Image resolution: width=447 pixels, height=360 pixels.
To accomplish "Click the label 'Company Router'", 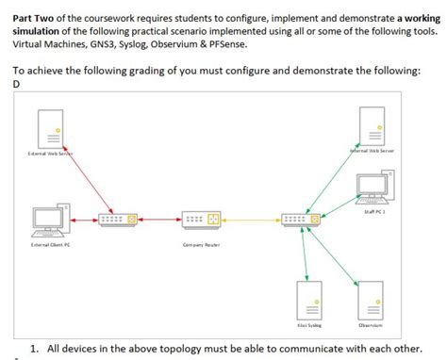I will [201, 246].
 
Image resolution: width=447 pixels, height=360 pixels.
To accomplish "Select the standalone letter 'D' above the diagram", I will [17, 83].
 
